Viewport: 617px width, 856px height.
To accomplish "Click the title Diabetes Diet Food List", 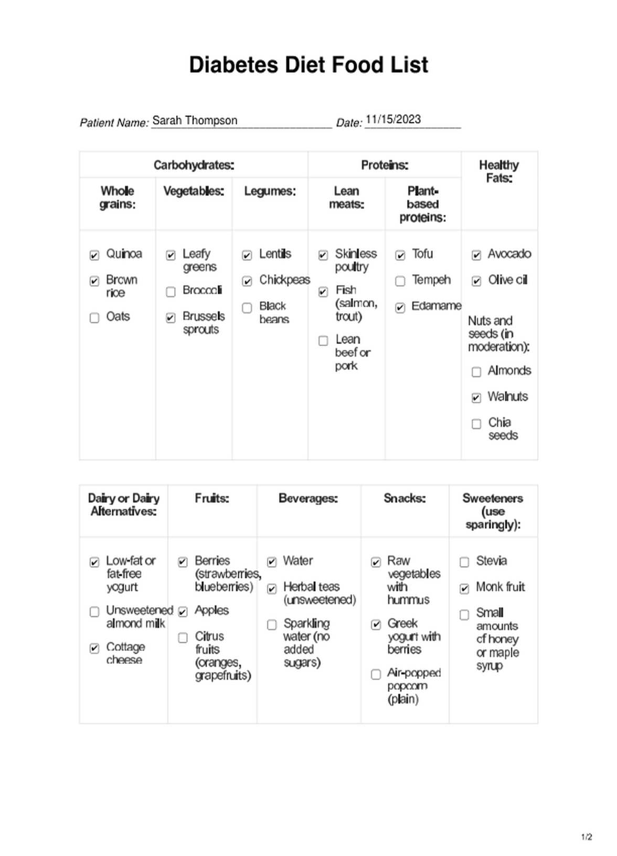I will pos(309,65).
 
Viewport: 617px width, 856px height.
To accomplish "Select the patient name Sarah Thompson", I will pos(195,120).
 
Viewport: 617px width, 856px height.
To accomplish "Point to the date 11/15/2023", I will pos(393,119).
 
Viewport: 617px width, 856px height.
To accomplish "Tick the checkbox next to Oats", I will pos(94,318).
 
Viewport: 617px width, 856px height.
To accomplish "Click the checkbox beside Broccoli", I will pos(171,292).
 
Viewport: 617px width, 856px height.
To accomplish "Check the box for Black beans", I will pos(247,308).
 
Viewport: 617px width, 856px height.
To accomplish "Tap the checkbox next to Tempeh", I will pos(400,281).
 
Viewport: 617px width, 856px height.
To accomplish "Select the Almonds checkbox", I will pos(476,372).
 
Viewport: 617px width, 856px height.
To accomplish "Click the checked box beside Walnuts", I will pos(476,398).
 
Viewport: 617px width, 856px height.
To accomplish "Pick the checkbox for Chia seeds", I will pos(476,424).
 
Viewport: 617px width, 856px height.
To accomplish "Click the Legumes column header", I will pos(270,191).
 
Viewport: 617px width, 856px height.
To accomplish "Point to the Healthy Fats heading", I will pos(499,172).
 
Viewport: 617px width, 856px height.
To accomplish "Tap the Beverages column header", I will pos(308,498).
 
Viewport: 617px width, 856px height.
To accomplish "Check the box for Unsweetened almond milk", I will pos(94,612).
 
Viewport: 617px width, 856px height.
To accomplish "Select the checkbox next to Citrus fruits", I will pos(183,638).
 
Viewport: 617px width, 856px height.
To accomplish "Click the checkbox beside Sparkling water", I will pos(272,625).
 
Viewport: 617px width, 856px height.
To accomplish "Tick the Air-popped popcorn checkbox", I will pos(376,674).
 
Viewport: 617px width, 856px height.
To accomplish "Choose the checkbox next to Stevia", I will pos(464,562).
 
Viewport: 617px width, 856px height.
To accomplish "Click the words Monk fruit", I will pos(500,587).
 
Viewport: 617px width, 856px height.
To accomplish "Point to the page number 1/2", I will pos(587,837).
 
